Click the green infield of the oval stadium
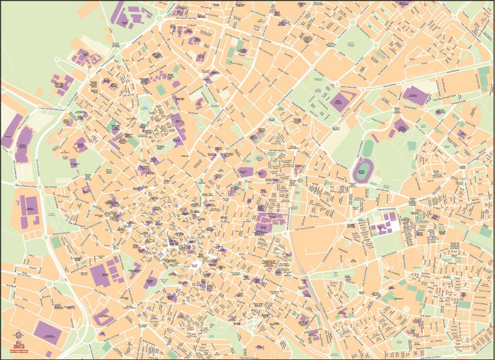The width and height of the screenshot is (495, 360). click(x=362, y=171)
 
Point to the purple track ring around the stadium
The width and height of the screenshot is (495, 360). click(x=355, y=171)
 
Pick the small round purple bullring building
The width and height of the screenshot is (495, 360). click(x=263, y=174)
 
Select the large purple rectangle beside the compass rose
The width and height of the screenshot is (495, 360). click(x=48, y=331)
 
